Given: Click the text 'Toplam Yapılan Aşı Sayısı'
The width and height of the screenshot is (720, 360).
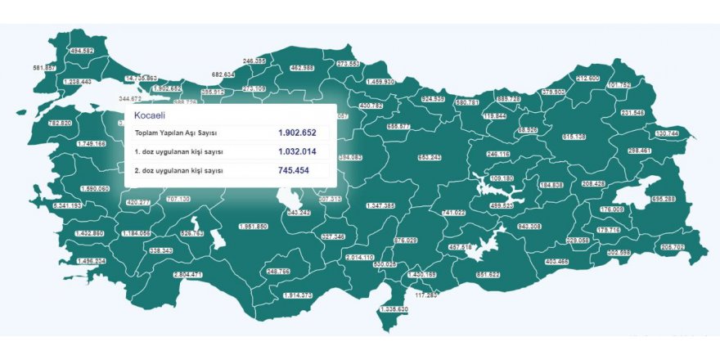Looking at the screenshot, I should [x=176, y=133].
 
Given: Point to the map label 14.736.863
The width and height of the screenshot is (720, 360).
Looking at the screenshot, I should [x=140, y=79].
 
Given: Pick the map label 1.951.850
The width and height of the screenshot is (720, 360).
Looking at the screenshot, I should [x=253, y=226].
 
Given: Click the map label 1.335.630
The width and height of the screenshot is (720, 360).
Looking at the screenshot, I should [x=394, y=309].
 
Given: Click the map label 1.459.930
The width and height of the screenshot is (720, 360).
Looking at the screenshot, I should [x=380, y=82].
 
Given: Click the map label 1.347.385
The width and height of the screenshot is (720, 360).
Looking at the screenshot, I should [x=380, y=205].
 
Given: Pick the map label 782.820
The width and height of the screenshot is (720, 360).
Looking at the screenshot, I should [x=61, y=123].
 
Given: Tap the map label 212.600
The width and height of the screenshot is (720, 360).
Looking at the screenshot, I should [x=587, y=79].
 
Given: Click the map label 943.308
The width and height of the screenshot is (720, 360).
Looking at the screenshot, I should [x=530, y=226].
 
